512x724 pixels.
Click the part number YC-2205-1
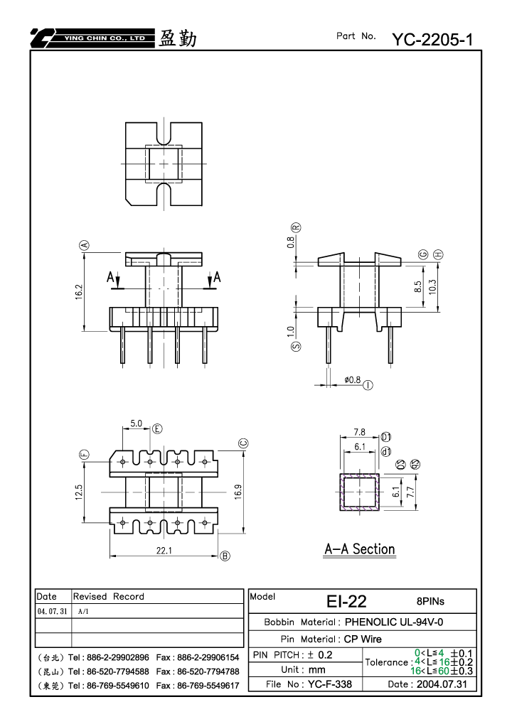coord(432,40)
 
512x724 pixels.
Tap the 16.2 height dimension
coord(78,292)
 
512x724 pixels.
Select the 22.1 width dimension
coord(164,551)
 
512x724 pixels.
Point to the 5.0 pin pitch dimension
coord(137,423)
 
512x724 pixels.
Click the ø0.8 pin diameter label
coord(353,379)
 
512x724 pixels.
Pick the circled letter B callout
coord(225,556)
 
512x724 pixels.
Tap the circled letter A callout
coord(85,245)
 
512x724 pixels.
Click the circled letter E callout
coord(158,429)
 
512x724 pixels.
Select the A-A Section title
coord(360,549)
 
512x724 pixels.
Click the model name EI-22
coord(346,601)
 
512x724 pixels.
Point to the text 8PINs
coord(430,601)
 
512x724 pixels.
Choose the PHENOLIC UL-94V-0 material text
coord(394,622)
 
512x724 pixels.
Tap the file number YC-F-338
coord(330,684)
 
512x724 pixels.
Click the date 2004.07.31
coord(442,684)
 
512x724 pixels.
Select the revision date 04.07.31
coord(52,611)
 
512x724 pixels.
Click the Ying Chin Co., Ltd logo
coord(92,38)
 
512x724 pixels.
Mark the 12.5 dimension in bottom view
coord(78,492)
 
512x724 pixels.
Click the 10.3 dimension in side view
coord(432,287)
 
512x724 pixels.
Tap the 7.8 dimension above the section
coord(360,432)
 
